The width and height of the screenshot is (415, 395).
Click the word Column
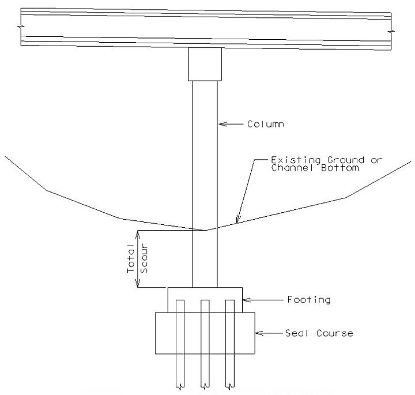coord(266,124)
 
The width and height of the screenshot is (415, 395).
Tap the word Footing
coord(309,300)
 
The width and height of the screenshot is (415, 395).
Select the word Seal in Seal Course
coord(296,333)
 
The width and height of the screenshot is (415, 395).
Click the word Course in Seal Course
coord(334,333)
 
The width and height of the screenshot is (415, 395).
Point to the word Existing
coord(296,160)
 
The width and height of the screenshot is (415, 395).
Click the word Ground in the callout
coord(346,160)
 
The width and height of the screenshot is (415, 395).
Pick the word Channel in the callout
coord(292,168)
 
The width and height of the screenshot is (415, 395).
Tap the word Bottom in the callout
coord(340,168)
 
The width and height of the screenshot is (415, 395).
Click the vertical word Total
coord(131,258)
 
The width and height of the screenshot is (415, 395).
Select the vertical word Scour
coord(144,259)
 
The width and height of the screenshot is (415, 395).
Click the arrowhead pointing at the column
coord(223,124)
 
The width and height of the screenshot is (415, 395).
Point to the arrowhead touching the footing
coord(247,300)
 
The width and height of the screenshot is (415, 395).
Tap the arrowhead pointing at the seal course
coord(259,333)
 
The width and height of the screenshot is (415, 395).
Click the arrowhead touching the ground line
coord(238,219)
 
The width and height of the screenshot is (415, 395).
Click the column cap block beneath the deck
coord(205,64)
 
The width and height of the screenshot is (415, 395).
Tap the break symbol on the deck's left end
coord(21,27)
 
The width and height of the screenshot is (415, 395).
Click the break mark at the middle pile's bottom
coord(205,386)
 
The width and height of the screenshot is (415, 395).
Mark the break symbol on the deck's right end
coord(391,31)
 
